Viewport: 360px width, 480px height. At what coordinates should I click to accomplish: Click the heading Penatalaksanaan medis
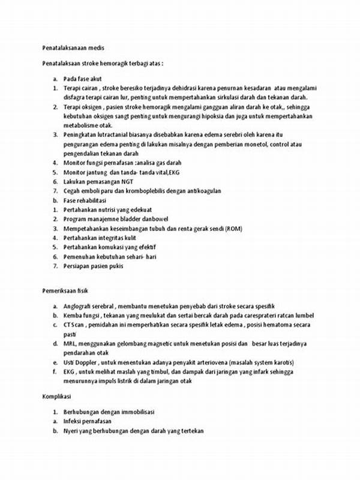[74, 47]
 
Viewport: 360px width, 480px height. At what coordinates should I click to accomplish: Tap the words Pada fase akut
[83, 78]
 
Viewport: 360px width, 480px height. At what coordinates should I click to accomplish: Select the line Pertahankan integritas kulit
[100, 238]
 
